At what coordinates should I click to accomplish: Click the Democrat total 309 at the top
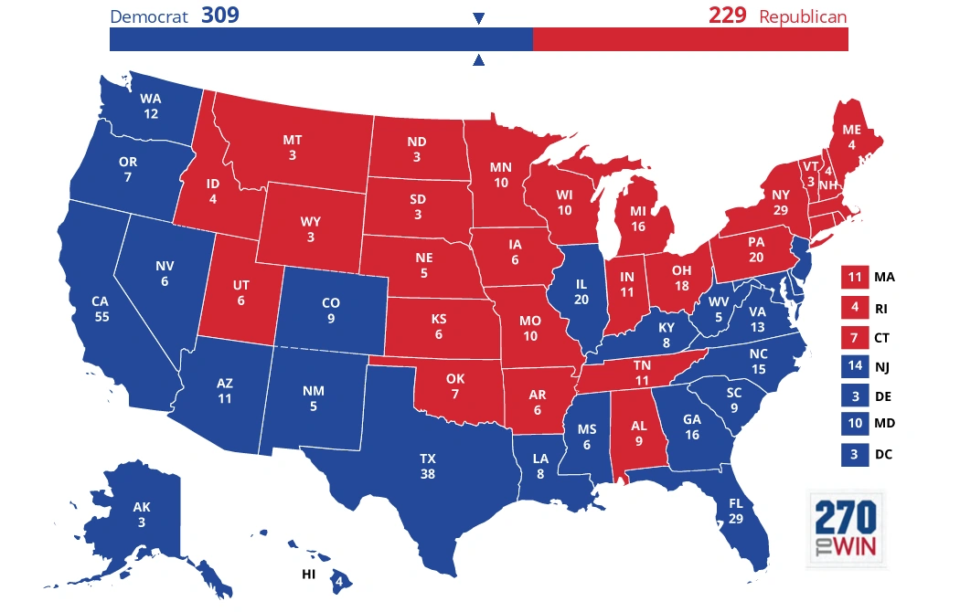click(x=219, y=16)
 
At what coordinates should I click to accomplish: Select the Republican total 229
click(x=727, y=16)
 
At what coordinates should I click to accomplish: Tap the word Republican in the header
click(x=802, y=16)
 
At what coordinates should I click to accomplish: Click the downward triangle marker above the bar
click(x=478, y=18)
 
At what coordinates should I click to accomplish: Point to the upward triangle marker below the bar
click(x=478, y=60)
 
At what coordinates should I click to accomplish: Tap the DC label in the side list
click(x=882, y=454)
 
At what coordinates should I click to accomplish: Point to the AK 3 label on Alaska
click(x=142, y=514)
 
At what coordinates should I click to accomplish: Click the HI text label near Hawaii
click(x=310, y=575)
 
